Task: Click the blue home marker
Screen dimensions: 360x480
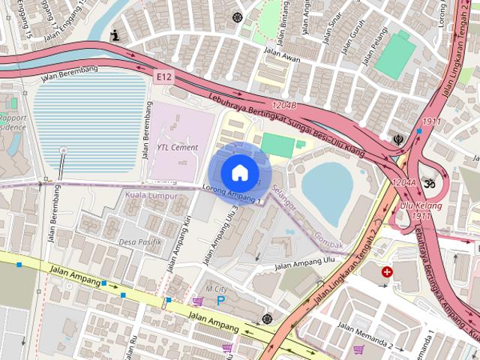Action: (x=238, y=172)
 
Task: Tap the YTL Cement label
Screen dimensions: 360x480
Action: (x=177, y=148)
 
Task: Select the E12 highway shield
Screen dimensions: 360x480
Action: (x=164, y=76)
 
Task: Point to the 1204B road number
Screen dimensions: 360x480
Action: (x=285, y=106)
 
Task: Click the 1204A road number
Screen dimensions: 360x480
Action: (x=403, y=182)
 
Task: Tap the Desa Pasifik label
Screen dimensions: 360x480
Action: (x=140, y=241)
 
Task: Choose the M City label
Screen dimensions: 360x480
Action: (x=215, y=289)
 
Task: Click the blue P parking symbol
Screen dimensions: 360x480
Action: (x=221, y=300)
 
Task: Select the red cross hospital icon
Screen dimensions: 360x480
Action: (x=387, y=271)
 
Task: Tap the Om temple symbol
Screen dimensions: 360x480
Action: (x=430, y=182)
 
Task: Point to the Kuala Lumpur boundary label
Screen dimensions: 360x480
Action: (x=152, y=196)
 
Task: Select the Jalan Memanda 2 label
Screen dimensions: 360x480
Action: (x=365, y=335)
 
